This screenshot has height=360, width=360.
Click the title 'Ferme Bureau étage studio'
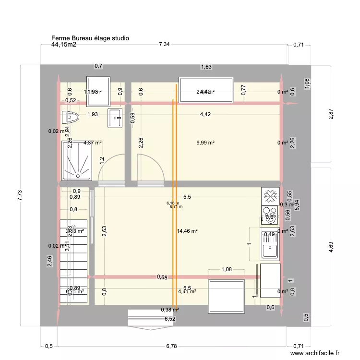[x=90, y=38]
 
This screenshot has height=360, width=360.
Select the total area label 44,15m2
[x=64, y=45]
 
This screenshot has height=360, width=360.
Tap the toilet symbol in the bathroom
[x=71, y=117]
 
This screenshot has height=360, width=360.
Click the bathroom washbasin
[x=115, y=118]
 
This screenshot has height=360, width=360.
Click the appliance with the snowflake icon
[x=270, y=196]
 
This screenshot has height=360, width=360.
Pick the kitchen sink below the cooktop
[x=270, y=245]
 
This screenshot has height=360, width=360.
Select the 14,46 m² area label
[x=187, y=231]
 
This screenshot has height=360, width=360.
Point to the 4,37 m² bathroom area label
[x=93, y=143]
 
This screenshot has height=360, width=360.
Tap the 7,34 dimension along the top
[x=164, y=45]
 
